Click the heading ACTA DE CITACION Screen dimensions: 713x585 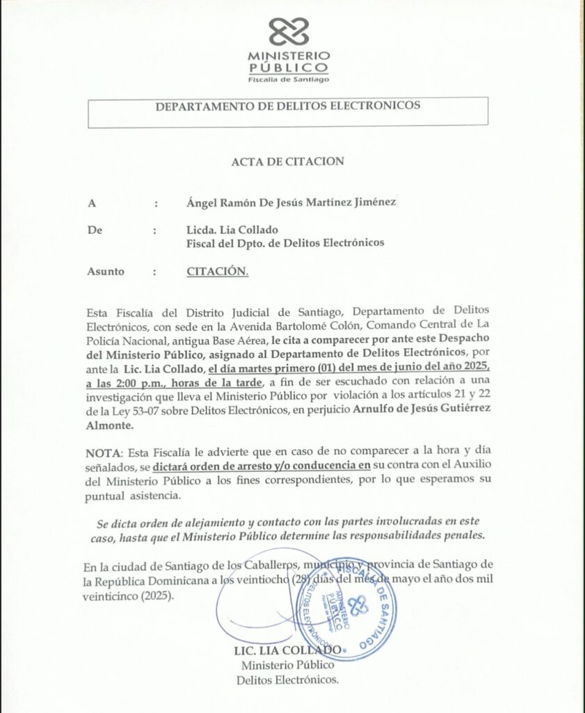pos(288,162)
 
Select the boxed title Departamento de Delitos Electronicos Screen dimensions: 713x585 pos(288,107)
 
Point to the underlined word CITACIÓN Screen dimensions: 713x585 pos(217,271)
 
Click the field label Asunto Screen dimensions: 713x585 pos(106,271)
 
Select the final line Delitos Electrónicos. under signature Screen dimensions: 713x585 pos(288,679)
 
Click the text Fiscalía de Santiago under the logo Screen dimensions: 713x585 pos(289,79)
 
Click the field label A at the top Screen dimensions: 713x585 pos(91,203)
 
